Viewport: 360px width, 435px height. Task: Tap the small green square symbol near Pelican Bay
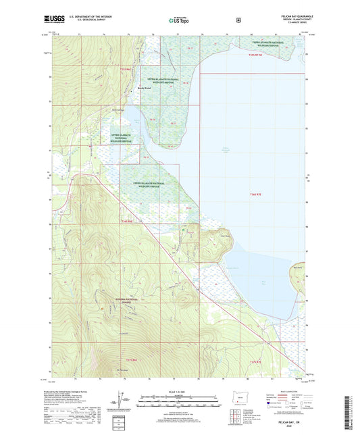184,230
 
